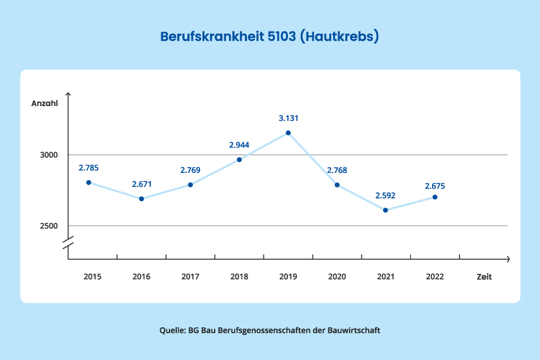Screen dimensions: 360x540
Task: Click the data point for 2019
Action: click(288, 133)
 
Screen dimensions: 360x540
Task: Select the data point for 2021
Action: click(386, 210)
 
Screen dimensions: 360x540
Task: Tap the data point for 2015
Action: click(89, 183)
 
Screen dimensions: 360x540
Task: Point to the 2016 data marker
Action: click(141, 199)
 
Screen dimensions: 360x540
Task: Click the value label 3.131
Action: click(289, 118)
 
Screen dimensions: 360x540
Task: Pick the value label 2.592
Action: click(386, 196)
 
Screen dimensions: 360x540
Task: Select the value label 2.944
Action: click(239, 145)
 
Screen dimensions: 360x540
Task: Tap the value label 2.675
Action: click(435, 186)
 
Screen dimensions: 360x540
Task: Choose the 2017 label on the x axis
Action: click(190, 277)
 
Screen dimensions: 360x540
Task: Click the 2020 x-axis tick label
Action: click(337, 277)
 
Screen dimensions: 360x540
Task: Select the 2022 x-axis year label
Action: click(435, 277)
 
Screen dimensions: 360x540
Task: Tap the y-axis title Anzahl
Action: click(45, 104)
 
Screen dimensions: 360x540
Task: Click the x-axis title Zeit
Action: click(484, 277)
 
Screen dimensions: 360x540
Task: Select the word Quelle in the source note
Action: click(172, 330)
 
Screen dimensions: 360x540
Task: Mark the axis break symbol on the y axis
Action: click(68, 244)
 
